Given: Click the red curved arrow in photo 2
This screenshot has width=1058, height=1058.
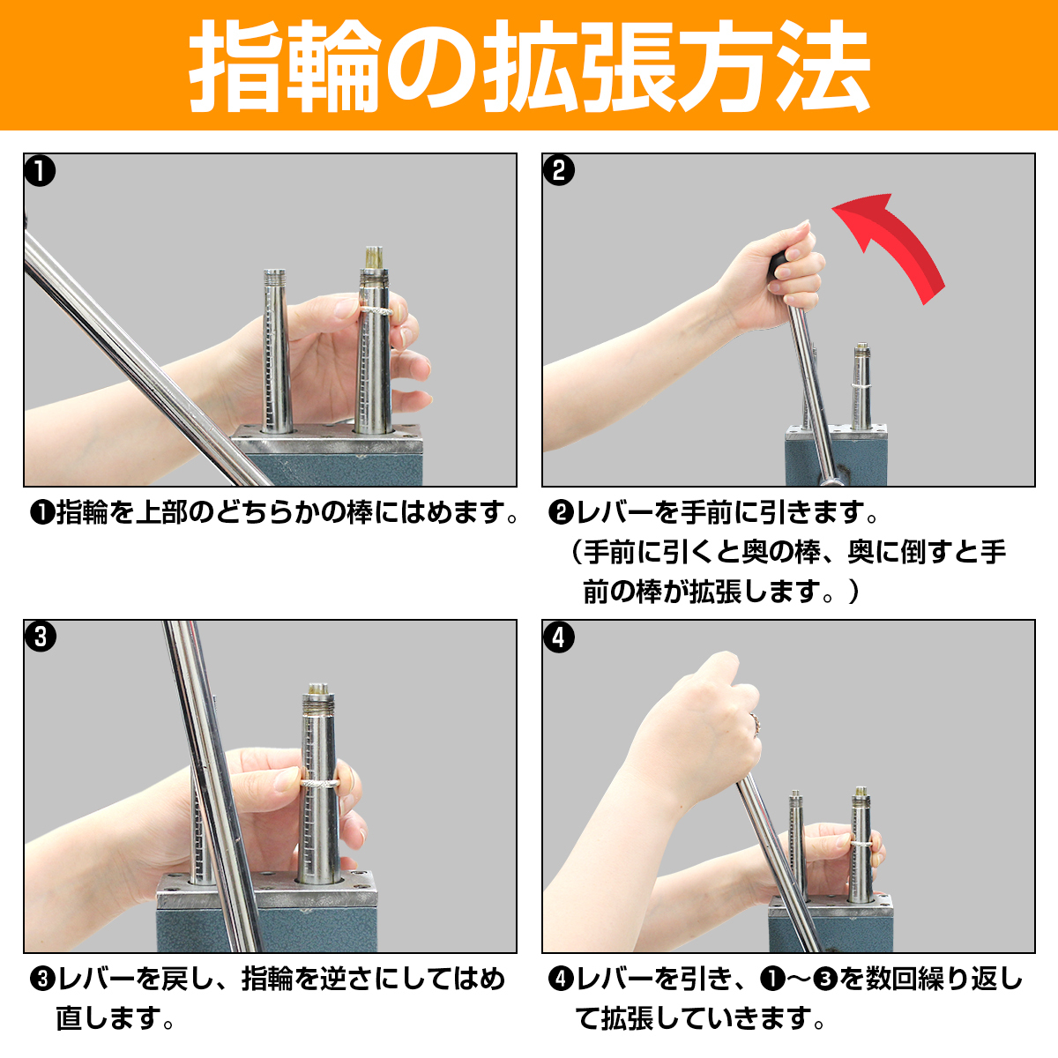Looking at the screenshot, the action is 900,242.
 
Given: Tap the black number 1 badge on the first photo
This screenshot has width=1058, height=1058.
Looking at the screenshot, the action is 40,171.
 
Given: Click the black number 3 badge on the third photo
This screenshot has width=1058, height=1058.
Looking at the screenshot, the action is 40,637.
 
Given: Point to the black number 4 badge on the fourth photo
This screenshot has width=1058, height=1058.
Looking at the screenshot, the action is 558,637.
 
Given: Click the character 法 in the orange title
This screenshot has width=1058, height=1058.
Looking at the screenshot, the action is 823,67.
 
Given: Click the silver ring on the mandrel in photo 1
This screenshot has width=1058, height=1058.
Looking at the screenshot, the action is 376,310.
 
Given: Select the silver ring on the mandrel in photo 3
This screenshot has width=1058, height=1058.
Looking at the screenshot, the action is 319,783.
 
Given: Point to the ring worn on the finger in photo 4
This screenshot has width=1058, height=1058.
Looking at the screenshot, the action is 755,724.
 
